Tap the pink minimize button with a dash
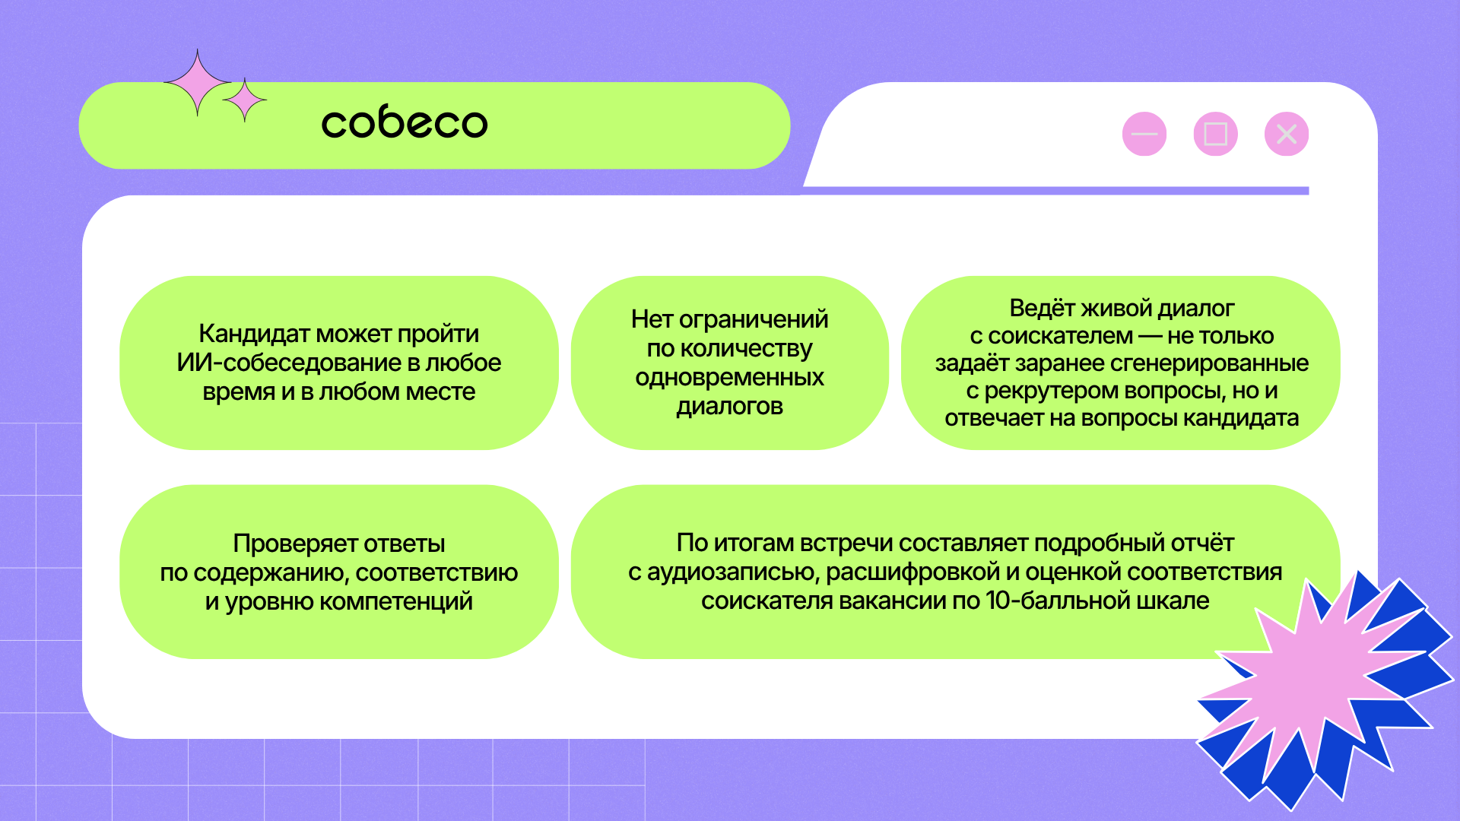[1144, 135]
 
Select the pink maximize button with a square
[1216, 135]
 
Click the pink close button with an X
[1287, 135]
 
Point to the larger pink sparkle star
[198, 83]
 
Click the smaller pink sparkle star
[244, 100]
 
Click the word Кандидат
[255, 334]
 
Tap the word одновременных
[730, 378]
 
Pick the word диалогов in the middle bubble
[730, 407]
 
